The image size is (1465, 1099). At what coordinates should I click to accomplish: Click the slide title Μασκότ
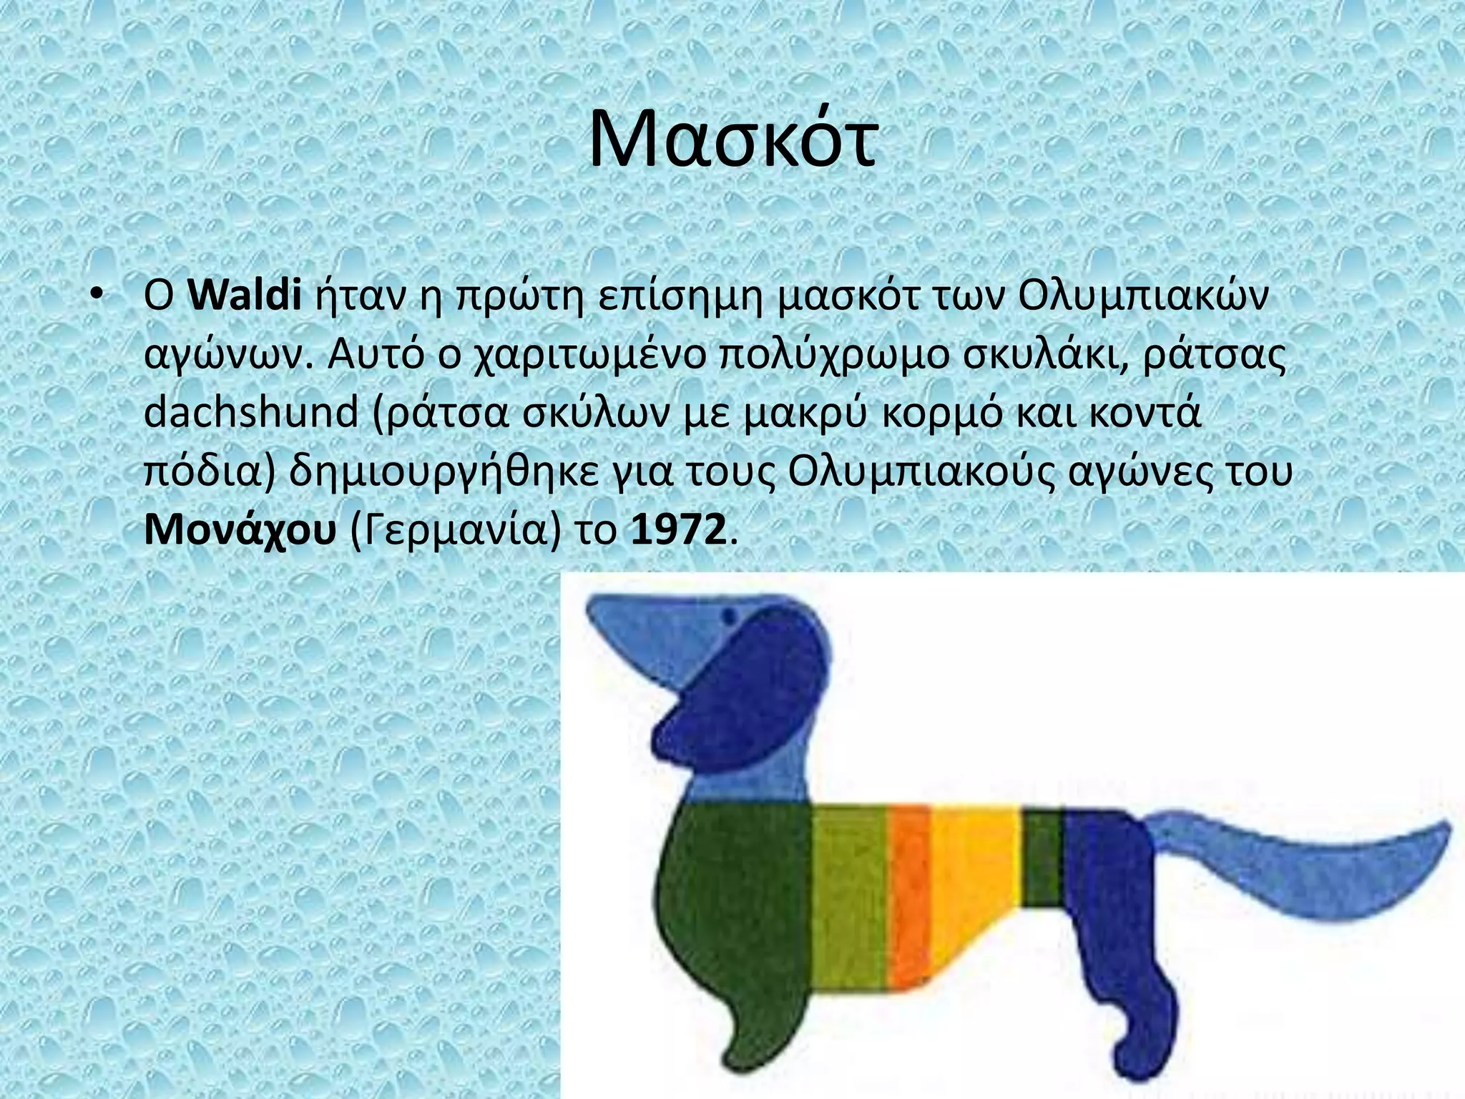[x=732, y=140]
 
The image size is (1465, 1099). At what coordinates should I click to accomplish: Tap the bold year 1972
[x=678, y=530]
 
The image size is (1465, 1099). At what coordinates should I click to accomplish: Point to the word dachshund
[x=250, y=414]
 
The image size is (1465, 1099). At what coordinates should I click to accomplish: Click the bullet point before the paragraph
[x=98, y=296]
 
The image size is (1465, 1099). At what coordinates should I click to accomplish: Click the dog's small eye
[x=730, y=615]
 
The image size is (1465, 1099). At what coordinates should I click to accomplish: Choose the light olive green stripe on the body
[x=848, y=894]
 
